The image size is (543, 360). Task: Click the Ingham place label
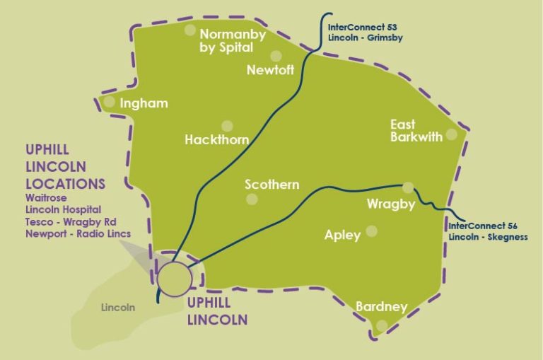[144, 103]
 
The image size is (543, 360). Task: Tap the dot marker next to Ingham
[110, 102]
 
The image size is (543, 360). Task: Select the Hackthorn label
[216, 140]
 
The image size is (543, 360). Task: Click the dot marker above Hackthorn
[227, 126]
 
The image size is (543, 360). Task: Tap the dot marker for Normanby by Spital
[189, 30]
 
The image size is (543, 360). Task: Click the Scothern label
[272, 185]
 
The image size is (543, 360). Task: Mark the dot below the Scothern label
[251, 199]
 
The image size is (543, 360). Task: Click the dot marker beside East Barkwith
[451, 134]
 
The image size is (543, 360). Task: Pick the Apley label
[342, 235]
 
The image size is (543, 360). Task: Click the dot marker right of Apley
[372, 231]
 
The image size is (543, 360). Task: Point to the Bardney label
[381, 307]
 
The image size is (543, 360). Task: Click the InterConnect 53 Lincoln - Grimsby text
[365, 33]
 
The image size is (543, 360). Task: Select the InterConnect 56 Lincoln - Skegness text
[488, 231]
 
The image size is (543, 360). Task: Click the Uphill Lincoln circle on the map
[174, 278]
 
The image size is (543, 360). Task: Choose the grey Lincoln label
[118, 308]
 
